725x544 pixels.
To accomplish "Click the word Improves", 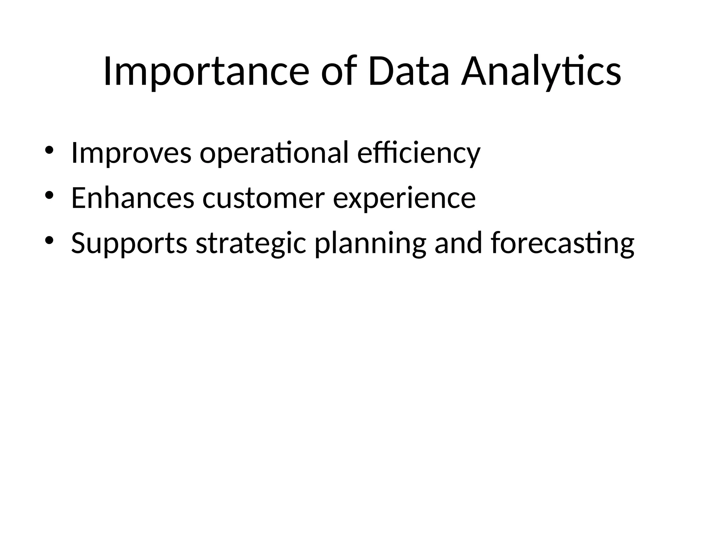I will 131,153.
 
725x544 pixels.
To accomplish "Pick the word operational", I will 274,153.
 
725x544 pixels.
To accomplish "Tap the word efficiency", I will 419,153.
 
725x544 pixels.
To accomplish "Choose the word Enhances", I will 133,198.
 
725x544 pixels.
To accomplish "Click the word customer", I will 263,198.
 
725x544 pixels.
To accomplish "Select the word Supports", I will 129,244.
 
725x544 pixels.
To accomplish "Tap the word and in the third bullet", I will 458,243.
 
